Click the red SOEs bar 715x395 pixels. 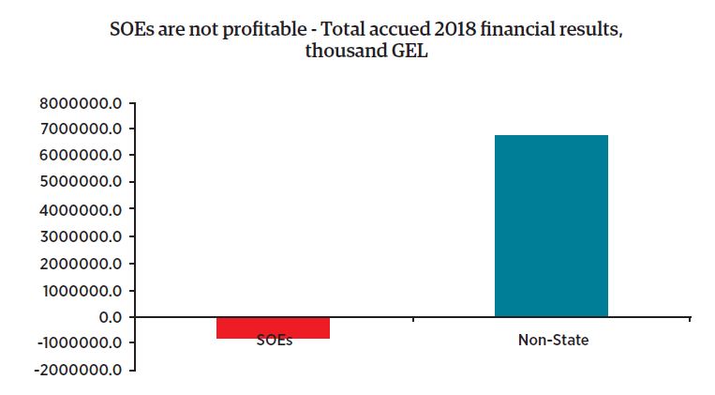[x=274, y=327]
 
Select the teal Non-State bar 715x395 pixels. [x=551, y=225]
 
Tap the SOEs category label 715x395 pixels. [x=274, y=341]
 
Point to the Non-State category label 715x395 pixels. [x=553, y=341]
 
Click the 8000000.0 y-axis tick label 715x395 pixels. [x=82, y=102]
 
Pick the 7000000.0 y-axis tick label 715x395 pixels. [x=82, y=129]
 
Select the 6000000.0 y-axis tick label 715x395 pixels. [x=82, y=156]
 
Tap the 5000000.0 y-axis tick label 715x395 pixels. [x=82, y=182]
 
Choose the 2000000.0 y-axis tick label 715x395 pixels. [x=82, y=264]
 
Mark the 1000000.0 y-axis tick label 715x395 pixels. [x=82, y=291]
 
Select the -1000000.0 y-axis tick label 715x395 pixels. [x=79, y=343]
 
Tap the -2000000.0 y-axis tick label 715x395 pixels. [x=79, y=371]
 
